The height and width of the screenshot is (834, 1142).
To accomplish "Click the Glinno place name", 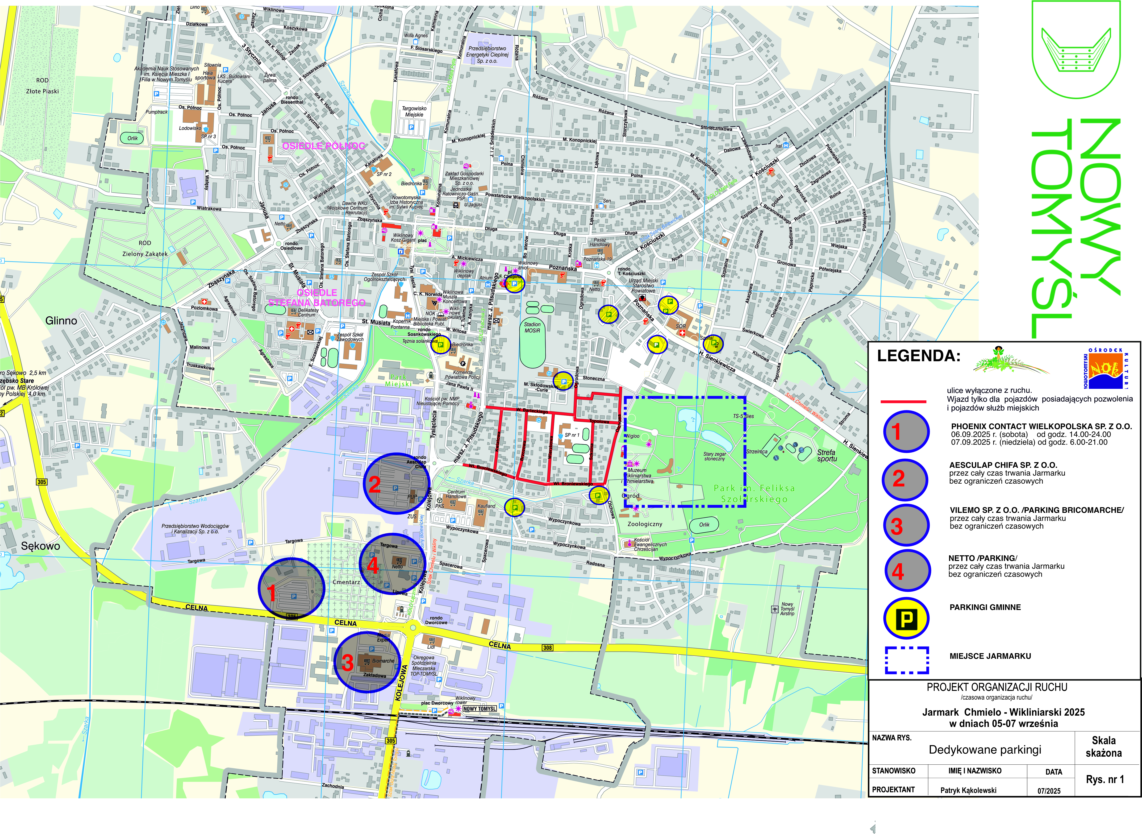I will pyautogui.click(x=61, y=321).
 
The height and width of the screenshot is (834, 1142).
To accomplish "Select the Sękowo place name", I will pyautogui.click(x=40, y=546).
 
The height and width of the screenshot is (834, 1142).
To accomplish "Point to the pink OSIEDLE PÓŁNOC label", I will pyautogui.click(x=323, y=146).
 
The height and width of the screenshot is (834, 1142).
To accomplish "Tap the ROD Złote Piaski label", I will pyautogui.click(x=42, y=86).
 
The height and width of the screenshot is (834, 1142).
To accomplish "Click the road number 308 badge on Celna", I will pyautogui.click(x=547, y=648).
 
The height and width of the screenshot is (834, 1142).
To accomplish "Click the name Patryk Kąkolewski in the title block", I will pyautogui.click(x=968, y=790).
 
